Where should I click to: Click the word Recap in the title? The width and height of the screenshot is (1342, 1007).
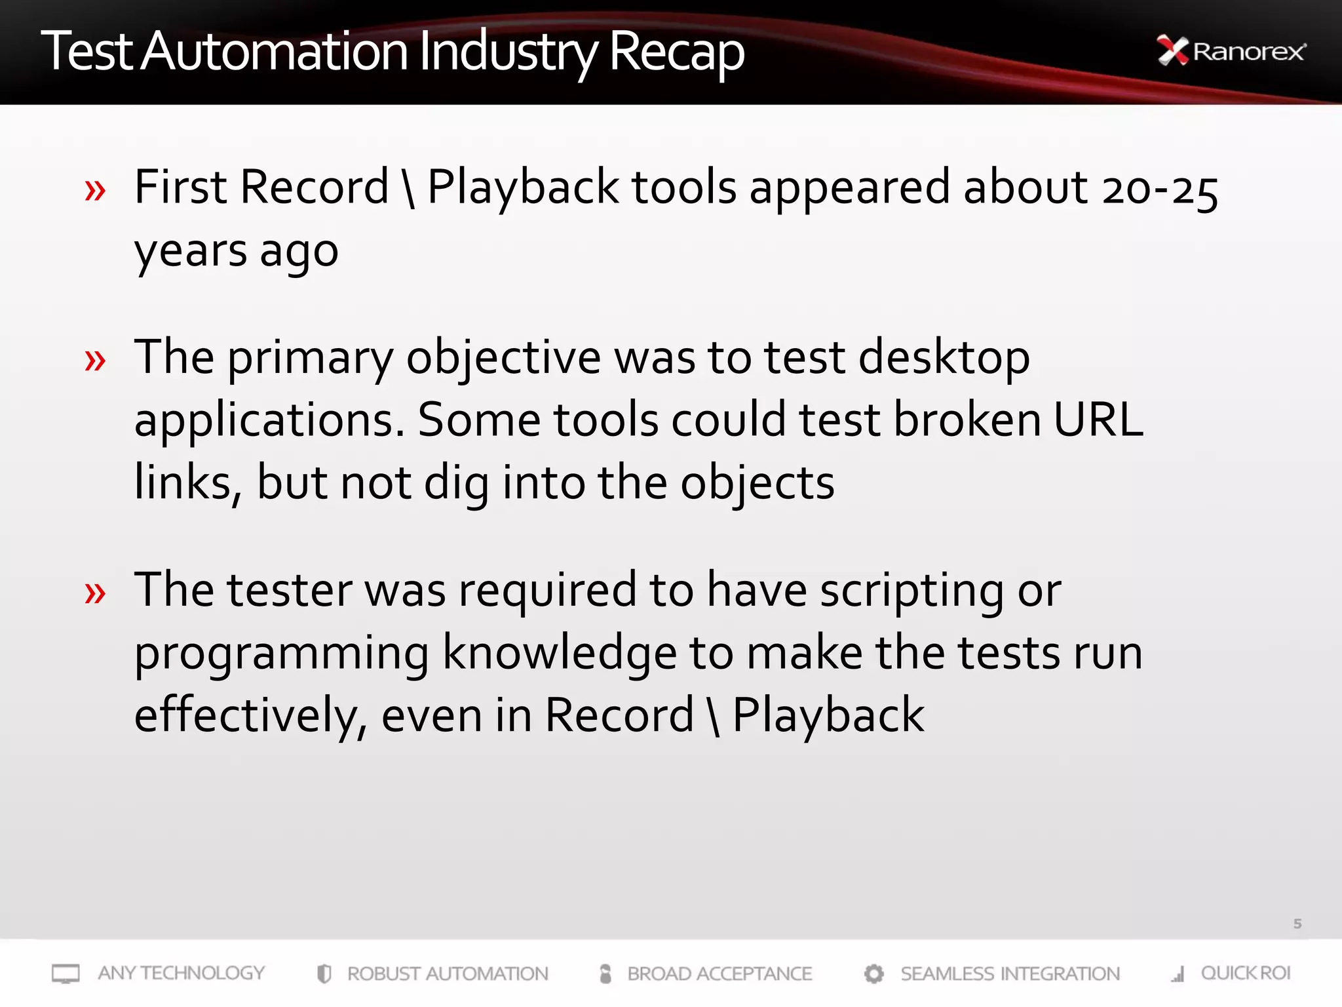(676, 52)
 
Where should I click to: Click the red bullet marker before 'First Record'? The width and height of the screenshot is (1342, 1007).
(95, 191)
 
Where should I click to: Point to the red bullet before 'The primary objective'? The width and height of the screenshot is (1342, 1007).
(95, 360)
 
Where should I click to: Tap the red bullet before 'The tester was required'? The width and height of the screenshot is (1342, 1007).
(95, 593)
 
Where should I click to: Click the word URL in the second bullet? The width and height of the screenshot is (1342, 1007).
(1098, 420)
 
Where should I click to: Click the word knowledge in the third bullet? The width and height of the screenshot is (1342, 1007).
(560, 653)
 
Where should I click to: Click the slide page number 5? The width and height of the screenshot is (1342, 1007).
(1297, 924)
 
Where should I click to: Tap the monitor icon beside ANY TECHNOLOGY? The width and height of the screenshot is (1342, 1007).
(66, 974)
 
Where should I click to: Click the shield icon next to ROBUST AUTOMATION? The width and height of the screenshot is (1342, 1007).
(324, 974)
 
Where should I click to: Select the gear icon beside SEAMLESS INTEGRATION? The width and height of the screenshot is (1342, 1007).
(873, 974)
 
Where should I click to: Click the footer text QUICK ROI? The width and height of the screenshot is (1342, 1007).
(1245, 973)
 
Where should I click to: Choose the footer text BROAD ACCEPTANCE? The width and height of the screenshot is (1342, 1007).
(719, 974)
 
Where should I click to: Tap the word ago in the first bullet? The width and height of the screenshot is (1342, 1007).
(299, 252)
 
